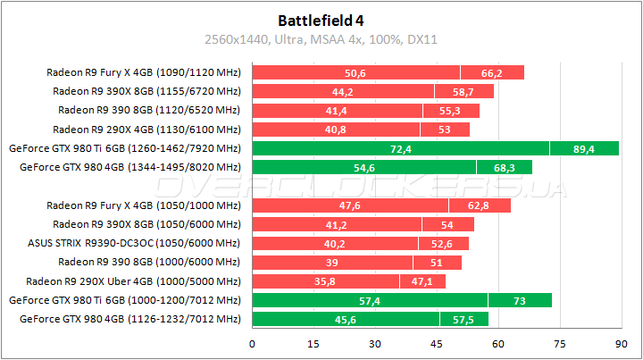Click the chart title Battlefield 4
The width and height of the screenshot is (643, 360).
pyautogui.click(x=321, y=19)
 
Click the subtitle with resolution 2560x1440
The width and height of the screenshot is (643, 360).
pyautogui.click(x=321, y=39)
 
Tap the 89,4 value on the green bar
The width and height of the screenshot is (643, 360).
pyautogui.click(x=584, y=148)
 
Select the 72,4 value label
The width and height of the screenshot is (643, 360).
pyautogui.click(x=401, y=148)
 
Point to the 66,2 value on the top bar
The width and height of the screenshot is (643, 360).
pyautogui.click(x=492, y=72)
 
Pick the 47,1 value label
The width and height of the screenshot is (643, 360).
pyautogui.click(x=422, y=281)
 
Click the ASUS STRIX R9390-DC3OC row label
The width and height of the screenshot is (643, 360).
pyautogui.click(x=134, y=243)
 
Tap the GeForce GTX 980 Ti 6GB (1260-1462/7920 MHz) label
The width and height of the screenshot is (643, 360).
pyautogui.click(x=123, y=148)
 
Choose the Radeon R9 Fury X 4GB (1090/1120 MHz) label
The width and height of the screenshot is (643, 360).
pyautogui.click(x=144, y=72)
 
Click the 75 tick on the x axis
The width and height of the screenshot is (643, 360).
pyautogui.click(x=558, y=343)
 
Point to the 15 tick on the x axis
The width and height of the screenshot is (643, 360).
pyautogui.click(x=314, y=343)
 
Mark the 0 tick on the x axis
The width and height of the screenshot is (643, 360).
pyautogui.click(x=254, y=343)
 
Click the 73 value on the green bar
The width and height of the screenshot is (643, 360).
pyautogui.click(x=520, y=300)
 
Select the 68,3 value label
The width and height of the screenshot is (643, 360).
pyautogui.click(x=504, y=167)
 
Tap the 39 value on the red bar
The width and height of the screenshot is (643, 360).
pyautogui.click(x=333, y=262)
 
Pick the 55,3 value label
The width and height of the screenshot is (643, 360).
pyautogui.click(x=451, y=110)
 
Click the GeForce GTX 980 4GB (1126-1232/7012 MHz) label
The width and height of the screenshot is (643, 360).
pyautogui.click(x=130, y=319)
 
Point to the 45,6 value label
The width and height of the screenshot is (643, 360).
pyautogui.click(x=347, y=319)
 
